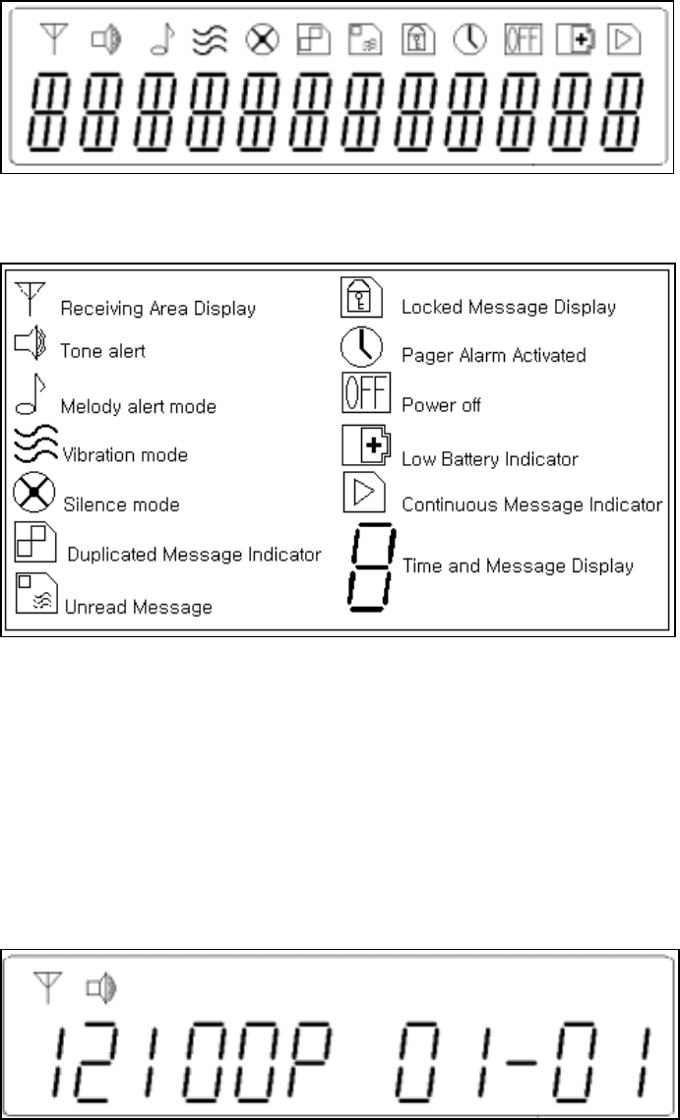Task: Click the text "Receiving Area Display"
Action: click(157, 309)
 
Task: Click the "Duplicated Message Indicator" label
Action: click(194, 555)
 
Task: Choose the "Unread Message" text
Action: click(138, 607)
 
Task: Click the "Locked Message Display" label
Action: click(509, 307)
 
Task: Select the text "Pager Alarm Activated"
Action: click(493, 355)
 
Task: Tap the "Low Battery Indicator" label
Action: click(489, 458)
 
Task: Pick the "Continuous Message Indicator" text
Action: click(531, 505)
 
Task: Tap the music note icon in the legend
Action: click(29, 395)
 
